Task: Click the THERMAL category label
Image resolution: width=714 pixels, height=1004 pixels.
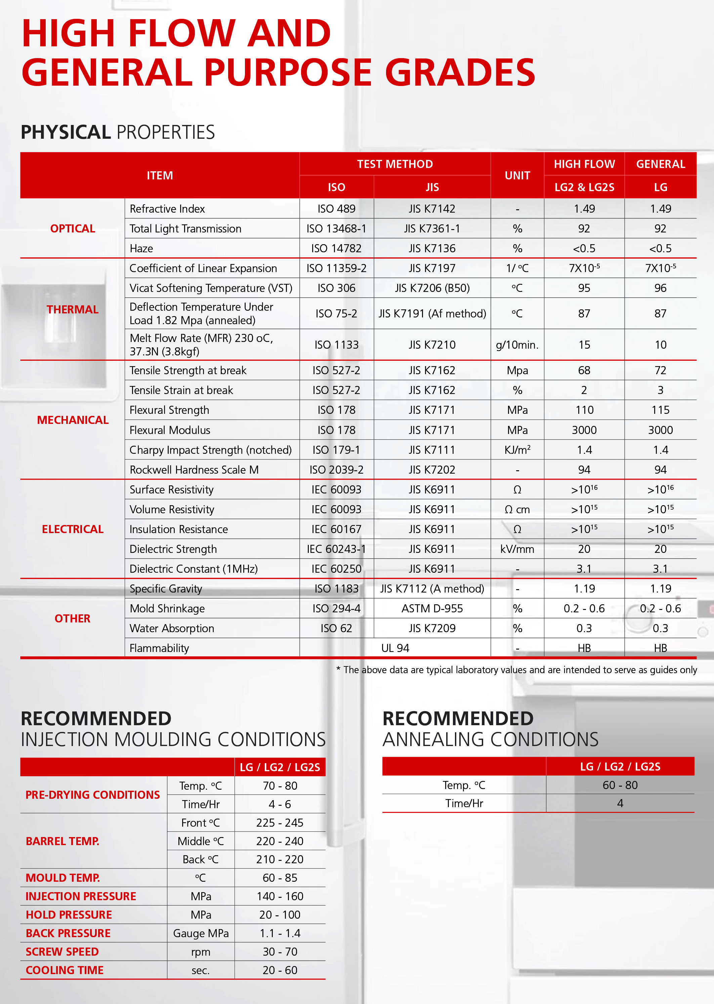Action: [73, 309]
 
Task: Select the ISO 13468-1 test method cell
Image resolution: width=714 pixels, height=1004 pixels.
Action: [336, 228]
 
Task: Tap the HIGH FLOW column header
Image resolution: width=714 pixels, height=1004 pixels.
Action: [584, 164]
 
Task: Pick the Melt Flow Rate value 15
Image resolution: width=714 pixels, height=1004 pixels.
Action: [584, 345]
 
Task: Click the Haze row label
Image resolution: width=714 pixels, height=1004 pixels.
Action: [141, 249]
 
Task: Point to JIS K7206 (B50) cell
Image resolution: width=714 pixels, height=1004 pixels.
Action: [432, 288]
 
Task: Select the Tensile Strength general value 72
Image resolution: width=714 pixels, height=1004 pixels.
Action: [660, 370]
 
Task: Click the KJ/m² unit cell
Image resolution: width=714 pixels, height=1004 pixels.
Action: [517, 450]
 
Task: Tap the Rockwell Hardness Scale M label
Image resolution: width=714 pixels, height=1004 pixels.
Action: [194, 470]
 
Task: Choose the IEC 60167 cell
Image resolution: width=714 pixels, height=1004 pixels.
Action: [336, 529]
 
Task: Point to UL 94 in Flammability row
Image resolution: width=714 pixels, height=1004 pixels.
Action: [395, 648]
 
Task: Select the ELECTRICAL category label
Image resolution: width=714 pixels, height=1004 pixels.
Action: [73, 529]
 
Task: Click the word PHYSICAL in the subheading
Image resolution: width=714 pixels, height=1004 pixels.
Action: [66, 132]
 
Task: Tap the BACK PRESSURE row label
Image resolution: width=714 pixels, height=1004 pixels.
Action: [68, 933]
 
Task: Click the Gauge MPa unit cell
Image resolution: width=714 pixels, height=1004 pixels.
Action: [201, 933]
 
